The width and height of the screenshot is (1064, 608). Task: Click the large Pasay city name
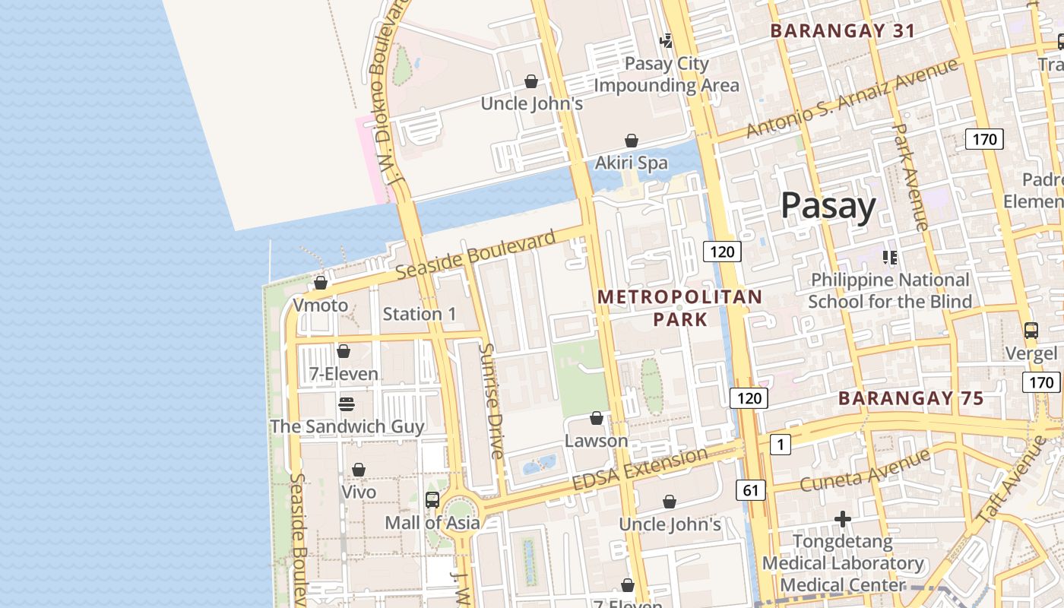click(828, 206)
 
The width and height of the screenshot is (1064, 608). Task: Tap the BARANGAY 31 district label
click(842, 31)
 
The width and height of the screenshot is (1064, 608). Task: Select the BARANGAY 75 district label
click(910, 398)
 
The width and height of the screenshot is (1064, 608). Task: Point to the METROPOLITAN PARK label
click(679, 308)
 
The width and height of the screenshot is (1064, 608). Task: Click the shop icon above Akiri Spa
click(631, 141)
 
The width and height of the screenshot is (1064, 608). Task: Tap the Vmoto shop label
click(320, 306)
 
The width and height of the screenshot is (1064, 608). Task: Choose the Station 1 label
click(420, 314)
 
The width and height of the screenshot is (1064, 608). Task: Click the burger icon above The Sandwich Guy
click(347, 404)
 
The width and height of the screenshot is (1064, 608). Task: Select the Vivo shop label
click(359, 492)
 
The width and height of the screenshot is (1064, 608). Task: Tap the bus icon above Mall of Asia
click(432, 499)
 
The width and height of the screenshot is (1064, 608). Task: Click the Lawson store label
click(596, 441)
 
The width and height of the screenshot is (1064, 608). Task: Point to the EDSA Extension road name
click(639, 470)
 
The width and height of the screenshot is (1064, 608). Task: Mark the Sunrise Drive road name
click(491, 401)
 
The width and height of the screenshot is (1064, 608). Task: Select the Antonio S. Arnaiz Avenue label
click(851, 99)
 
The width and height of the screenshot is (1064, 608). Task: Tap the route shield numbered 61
click(750, 490)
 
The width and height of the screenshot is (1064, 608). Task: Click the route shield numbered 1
click(780, 444)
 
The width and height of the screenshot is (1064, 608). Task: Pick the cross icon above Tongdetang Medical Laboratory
click(842, 519)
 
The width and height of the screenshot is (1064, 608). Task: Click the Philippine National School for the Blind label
click(889, 291)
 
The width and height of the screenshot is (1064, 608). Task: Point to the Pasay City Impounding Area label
click(666, 74)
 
